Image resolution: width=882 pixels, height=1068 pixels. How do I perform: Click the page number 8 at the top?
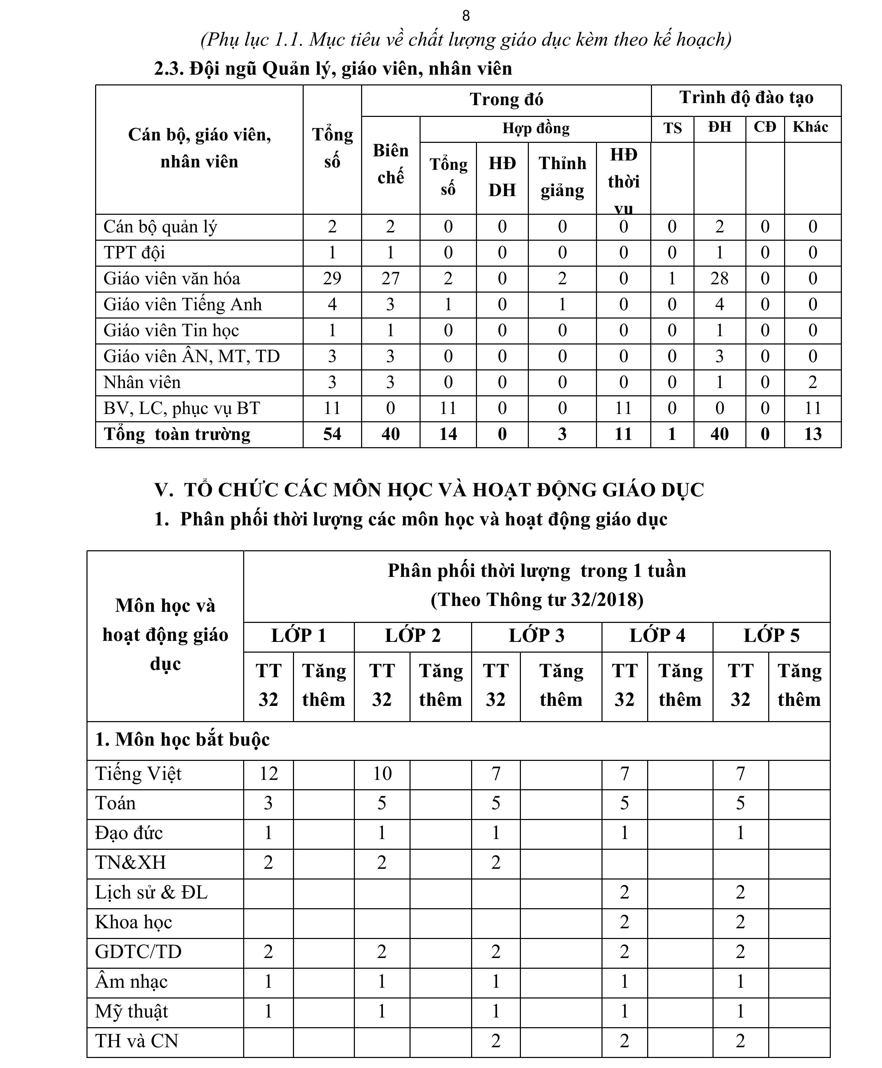pyautogui.click(x=466, y=16)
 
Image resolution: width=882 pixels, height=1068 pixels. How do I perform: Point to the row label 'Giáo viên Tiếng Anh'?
pyautogui.click(x=183, y=304)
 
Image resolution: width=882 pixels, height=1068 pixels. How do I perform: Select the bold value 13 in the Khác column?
pyautogui.click(x=812, y=434)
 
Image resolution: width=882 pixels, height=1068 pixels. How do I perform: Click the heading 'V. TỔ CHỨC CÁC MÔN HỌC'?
pyautogui.click(x=429, y=490)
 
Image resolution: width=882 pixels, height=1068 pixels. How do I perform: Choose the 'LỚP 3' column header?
pyautogui.click(x=536, y=636)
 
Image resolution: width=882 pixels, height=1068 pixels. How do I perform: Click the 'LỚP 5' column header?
pyautogui.click(x=771, y=636)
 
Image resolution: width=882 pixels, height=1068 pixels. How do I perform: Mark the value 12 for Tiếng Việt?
pyautogui.click(x=268, y=773)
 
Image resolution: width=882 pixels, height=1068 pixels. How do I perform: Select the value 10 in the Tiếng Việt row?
pyautogui.click(x=382, y=773)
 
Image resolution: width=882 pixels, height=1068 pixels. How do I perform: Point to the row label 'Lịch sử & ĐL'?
pyautogui.click(x=151, y=892)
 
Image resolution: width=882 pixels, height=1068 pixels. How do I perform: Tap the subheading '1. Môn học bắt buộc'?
pyautogui.click(x=182, y=739)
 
